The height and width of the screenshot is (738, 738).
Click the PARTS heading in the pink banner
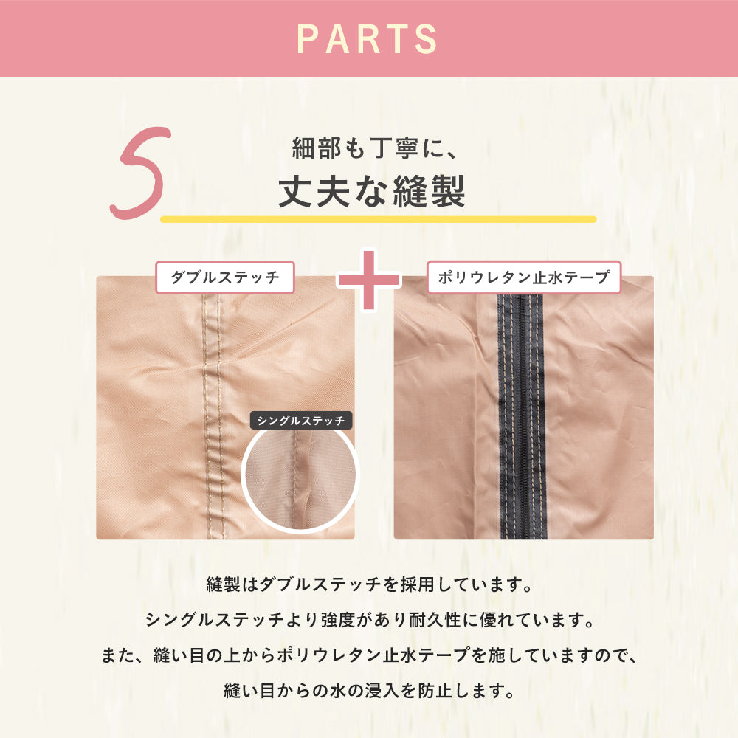coord(367,38)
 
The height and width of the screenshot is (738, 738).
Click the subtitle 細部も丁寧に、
coord(374,148)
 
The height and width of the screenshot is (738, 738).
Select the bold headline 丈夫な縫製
coord(372,191)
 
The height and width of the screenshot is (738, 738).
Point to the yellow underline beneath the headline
coord(379,219)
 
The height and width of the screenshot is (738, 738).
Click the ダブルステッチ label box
coord(225,277)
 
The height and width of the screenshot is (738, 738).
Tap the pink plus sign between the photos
coord(369,280)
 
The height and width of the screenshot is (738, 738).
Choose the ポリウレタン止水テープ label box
coord(524,277)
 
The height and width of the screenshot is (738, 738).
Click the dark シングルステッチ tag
coord(301,421)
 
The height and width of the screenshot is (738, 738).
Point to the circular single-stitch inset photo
coord(300,480)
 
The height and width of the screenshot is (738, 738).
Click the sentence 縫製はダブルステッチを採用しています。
coord(370,584)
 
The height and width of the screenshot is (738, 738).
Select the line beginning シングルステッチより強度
coord(370,620)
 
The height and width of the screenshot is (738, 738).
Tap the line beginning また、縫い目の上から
coord(370,655)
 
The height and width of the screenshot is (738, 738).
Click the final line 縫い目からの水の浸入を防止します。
coord(370,691)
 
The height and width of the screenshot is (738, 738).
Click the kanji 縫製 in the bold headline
coord(429,191)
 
